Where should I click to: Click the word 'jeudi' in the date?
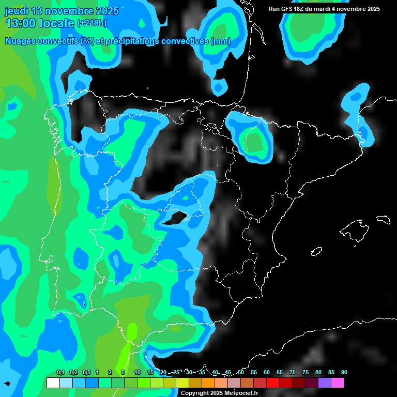[x=17, y=11]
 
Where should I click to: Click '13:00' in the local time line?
[x=20, y=23]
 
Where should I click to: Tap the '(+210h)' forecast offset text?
[x=91, y=23]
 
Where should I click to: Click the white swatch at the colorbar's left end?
[x=53, y=383]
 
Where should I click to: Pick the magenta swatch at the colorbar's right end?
[x=338, y=383]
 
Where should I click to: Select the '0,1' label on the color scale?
[x=60, y=373]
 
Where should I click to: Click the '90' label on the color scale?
[x=344, y=373]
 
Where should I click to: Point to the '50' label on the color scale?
[x=241, y=373]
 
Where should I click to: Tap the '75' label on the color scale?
[x=306, y=373]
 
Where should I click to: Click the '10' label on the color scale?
[x=138, y=373]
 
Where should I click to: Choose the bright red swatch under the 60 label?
[x=273, y=383]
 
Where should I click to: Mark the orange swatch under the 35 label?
[x=208, y=383]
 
